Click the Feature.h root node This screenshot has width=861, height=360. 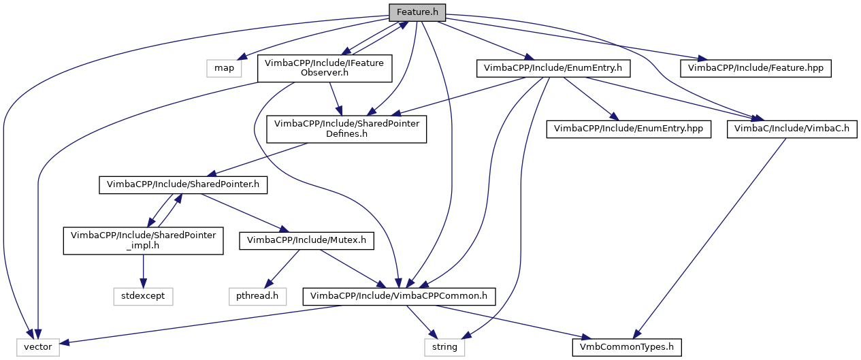417,12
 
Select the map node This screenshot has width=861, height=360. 224,68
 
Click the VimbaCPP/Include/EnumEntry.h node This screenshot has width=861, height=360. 553,68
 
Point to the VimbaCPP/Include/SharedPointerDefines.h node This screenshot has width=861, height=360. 346,129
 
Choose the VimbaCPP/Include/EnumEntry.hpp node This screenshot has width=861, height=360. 628,129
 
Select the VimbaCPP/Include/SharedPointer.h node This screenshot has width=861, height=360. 183,184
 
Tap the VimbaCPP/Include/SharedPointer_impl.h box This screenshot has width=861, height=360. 144,240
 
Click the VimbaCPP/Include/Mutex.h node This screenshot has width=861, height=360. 306,240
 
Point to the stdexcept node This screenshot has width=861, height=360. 143,296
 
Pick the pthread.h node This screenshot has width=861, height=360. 257,296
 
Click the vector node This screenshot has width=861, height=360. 39,347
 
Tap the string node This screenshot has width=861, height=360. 445,347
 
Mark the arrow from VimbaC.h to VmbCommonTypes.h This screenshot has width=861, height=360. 708,238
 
